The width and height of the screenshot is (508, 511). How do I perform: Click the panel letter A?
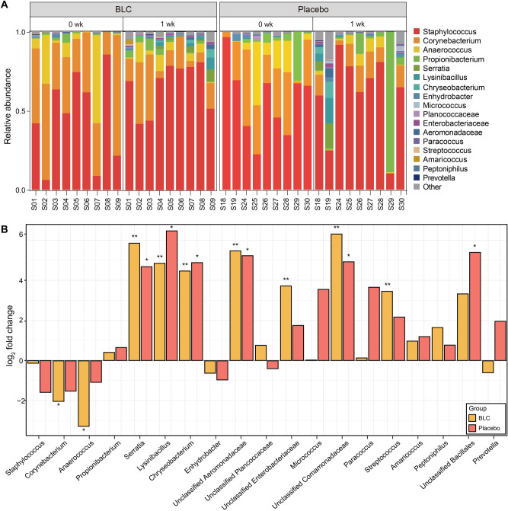5,5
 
